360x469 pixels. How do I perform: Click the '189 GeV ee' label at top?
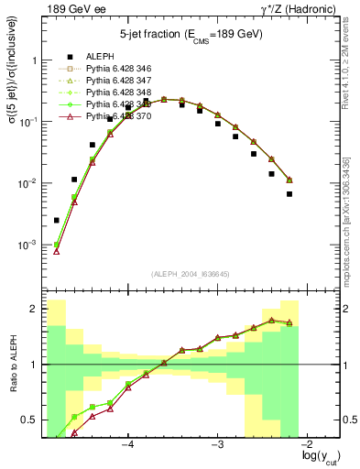[72, 10]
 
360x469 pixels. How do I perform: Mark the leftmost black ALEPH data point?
[57, 220]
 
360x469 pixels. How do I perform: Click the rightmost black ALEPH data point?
[289, 194]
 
